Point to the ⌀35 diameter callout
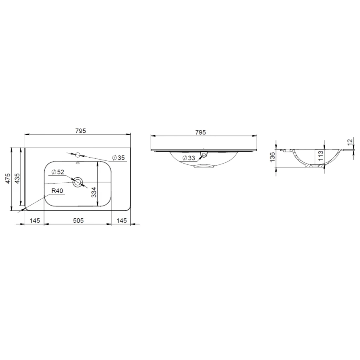(x=119, y=158)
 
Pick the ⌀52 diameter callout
(x=58, y=172)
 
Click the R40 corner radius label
(x=58, y=191)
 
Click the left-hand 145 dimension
(x=34, y=220)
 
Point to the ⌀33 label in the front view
(x=189, y=158)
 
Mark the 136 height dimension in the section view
(x=272, y=157)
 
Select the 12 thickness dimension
(x=350, y=142)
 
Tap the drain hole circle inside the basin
(x=78, y=182)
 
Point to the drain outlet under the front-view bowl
(x=204, y=166)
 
